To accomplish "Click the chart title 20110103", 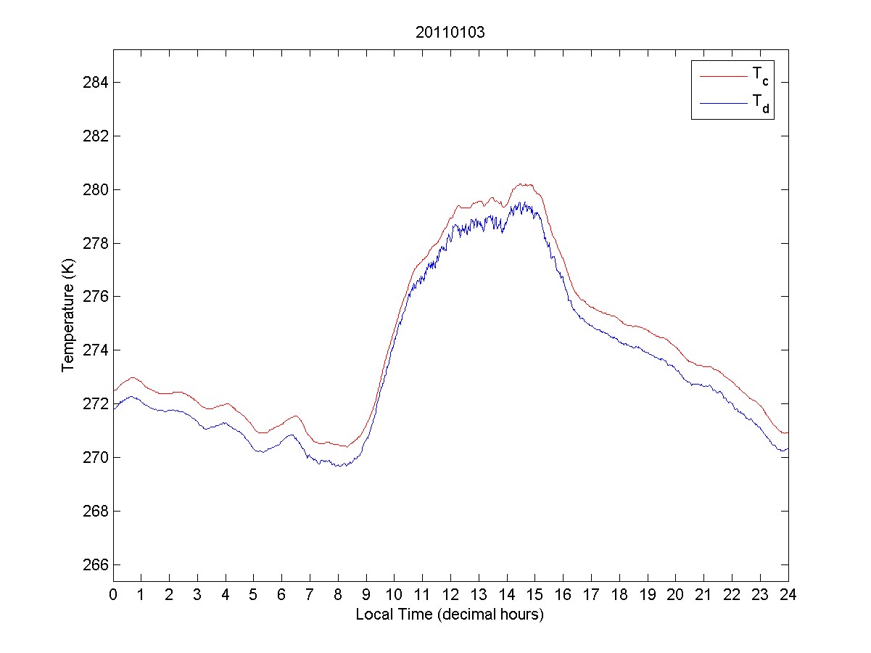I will [450, 33].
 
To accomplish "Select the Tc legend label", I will [759, 75].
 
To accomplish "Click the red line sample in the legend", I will [722, 75].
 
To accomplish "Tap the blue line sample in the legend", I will [722, 104].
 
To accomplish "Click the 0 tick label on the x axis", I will [113, 595].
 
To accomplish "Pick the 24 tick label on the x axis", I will [788, 595].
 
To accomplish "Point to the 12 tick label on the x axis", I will [450, 595].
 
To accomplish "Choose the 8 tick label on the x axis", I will [338, 595].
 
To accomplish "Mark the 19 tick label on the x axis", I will [648, 595].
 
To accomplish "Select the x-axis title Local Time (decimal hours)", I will [450, 615].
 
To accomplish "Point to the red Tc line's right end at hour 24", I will [788, 432].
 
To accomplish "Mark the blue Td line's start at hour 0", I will [114, 409].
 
